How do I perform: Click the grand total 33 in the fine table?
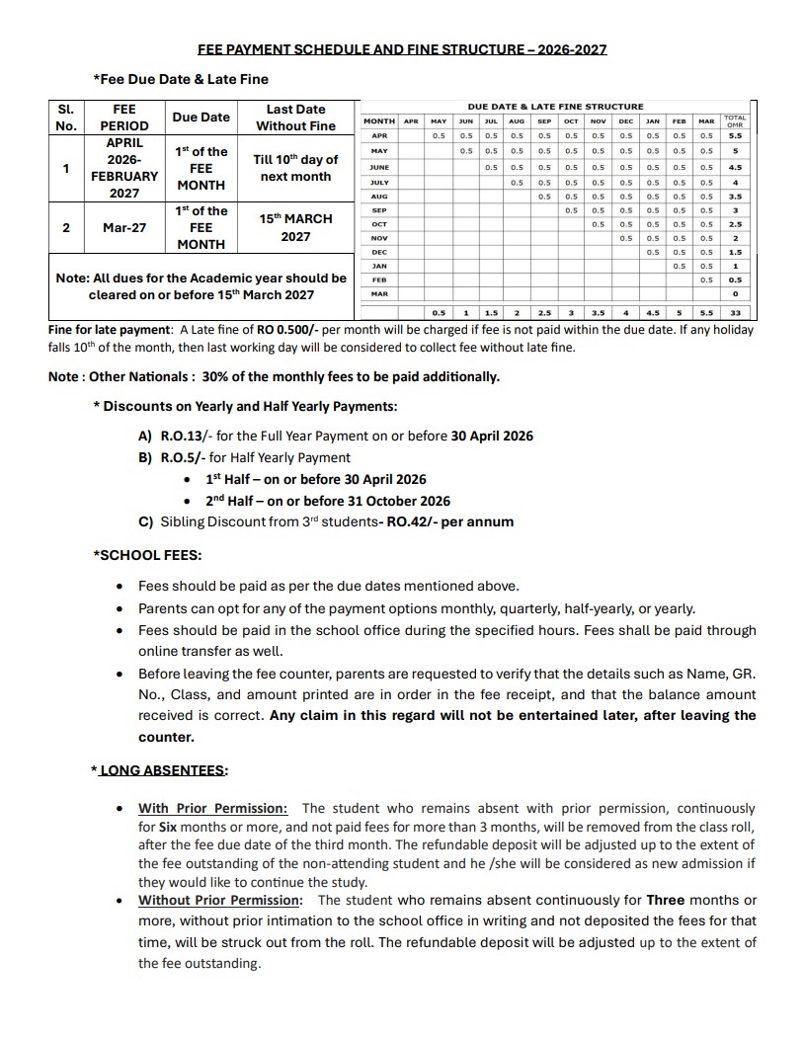[734, 313]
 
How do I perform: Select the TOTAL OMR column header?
[734, 121]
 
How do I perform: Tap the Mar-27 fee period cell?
[124, 227]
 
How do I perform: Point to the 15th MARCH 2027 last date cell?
[295, 227]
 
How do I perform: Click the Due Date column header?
[201, 117]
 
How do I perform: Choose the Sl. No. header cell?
[66, 117]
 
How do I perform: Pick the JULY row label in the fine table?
[378, 183]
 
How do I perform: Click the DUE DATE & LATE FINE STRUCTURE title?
[555, 106]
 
